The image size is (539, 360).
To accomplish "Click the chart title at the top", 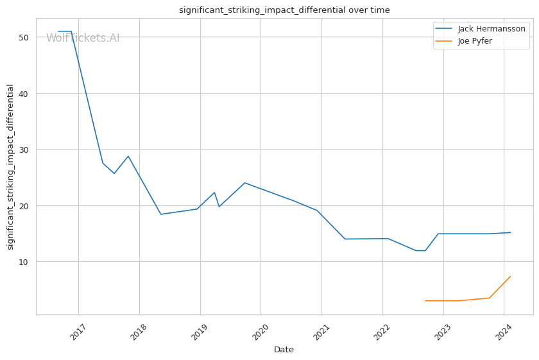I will (x=284, y=10).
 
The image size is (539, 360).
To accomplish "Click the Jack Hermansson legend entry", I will (x=491, y=29).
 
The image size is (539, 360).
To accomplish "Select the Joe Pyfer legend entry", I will (x=475, y=42).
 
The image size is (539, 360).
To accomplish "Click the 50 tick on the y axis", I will (x=23, y=37).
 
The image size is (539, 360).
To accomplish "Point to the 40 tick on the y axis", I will (x=23, y=94).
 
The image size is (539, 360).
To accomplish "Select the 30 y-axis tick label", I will (x=23, y=150).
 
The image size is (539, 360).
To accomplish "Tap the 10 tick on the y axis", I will (x=23, y=262).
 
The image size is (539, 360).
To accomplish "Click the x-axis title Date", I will (x=284, y=350).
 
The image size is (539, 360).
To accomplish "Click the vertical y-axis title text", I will (x=10, y=167).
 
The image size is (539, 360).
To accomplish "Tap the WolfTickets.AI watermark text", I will (x=83, y=38).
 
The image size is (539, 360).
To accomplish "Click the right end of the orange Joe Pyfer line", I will (x=510, y=277).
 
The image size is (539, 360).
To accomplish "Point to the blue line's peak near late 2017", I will (x=128, y=156).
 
